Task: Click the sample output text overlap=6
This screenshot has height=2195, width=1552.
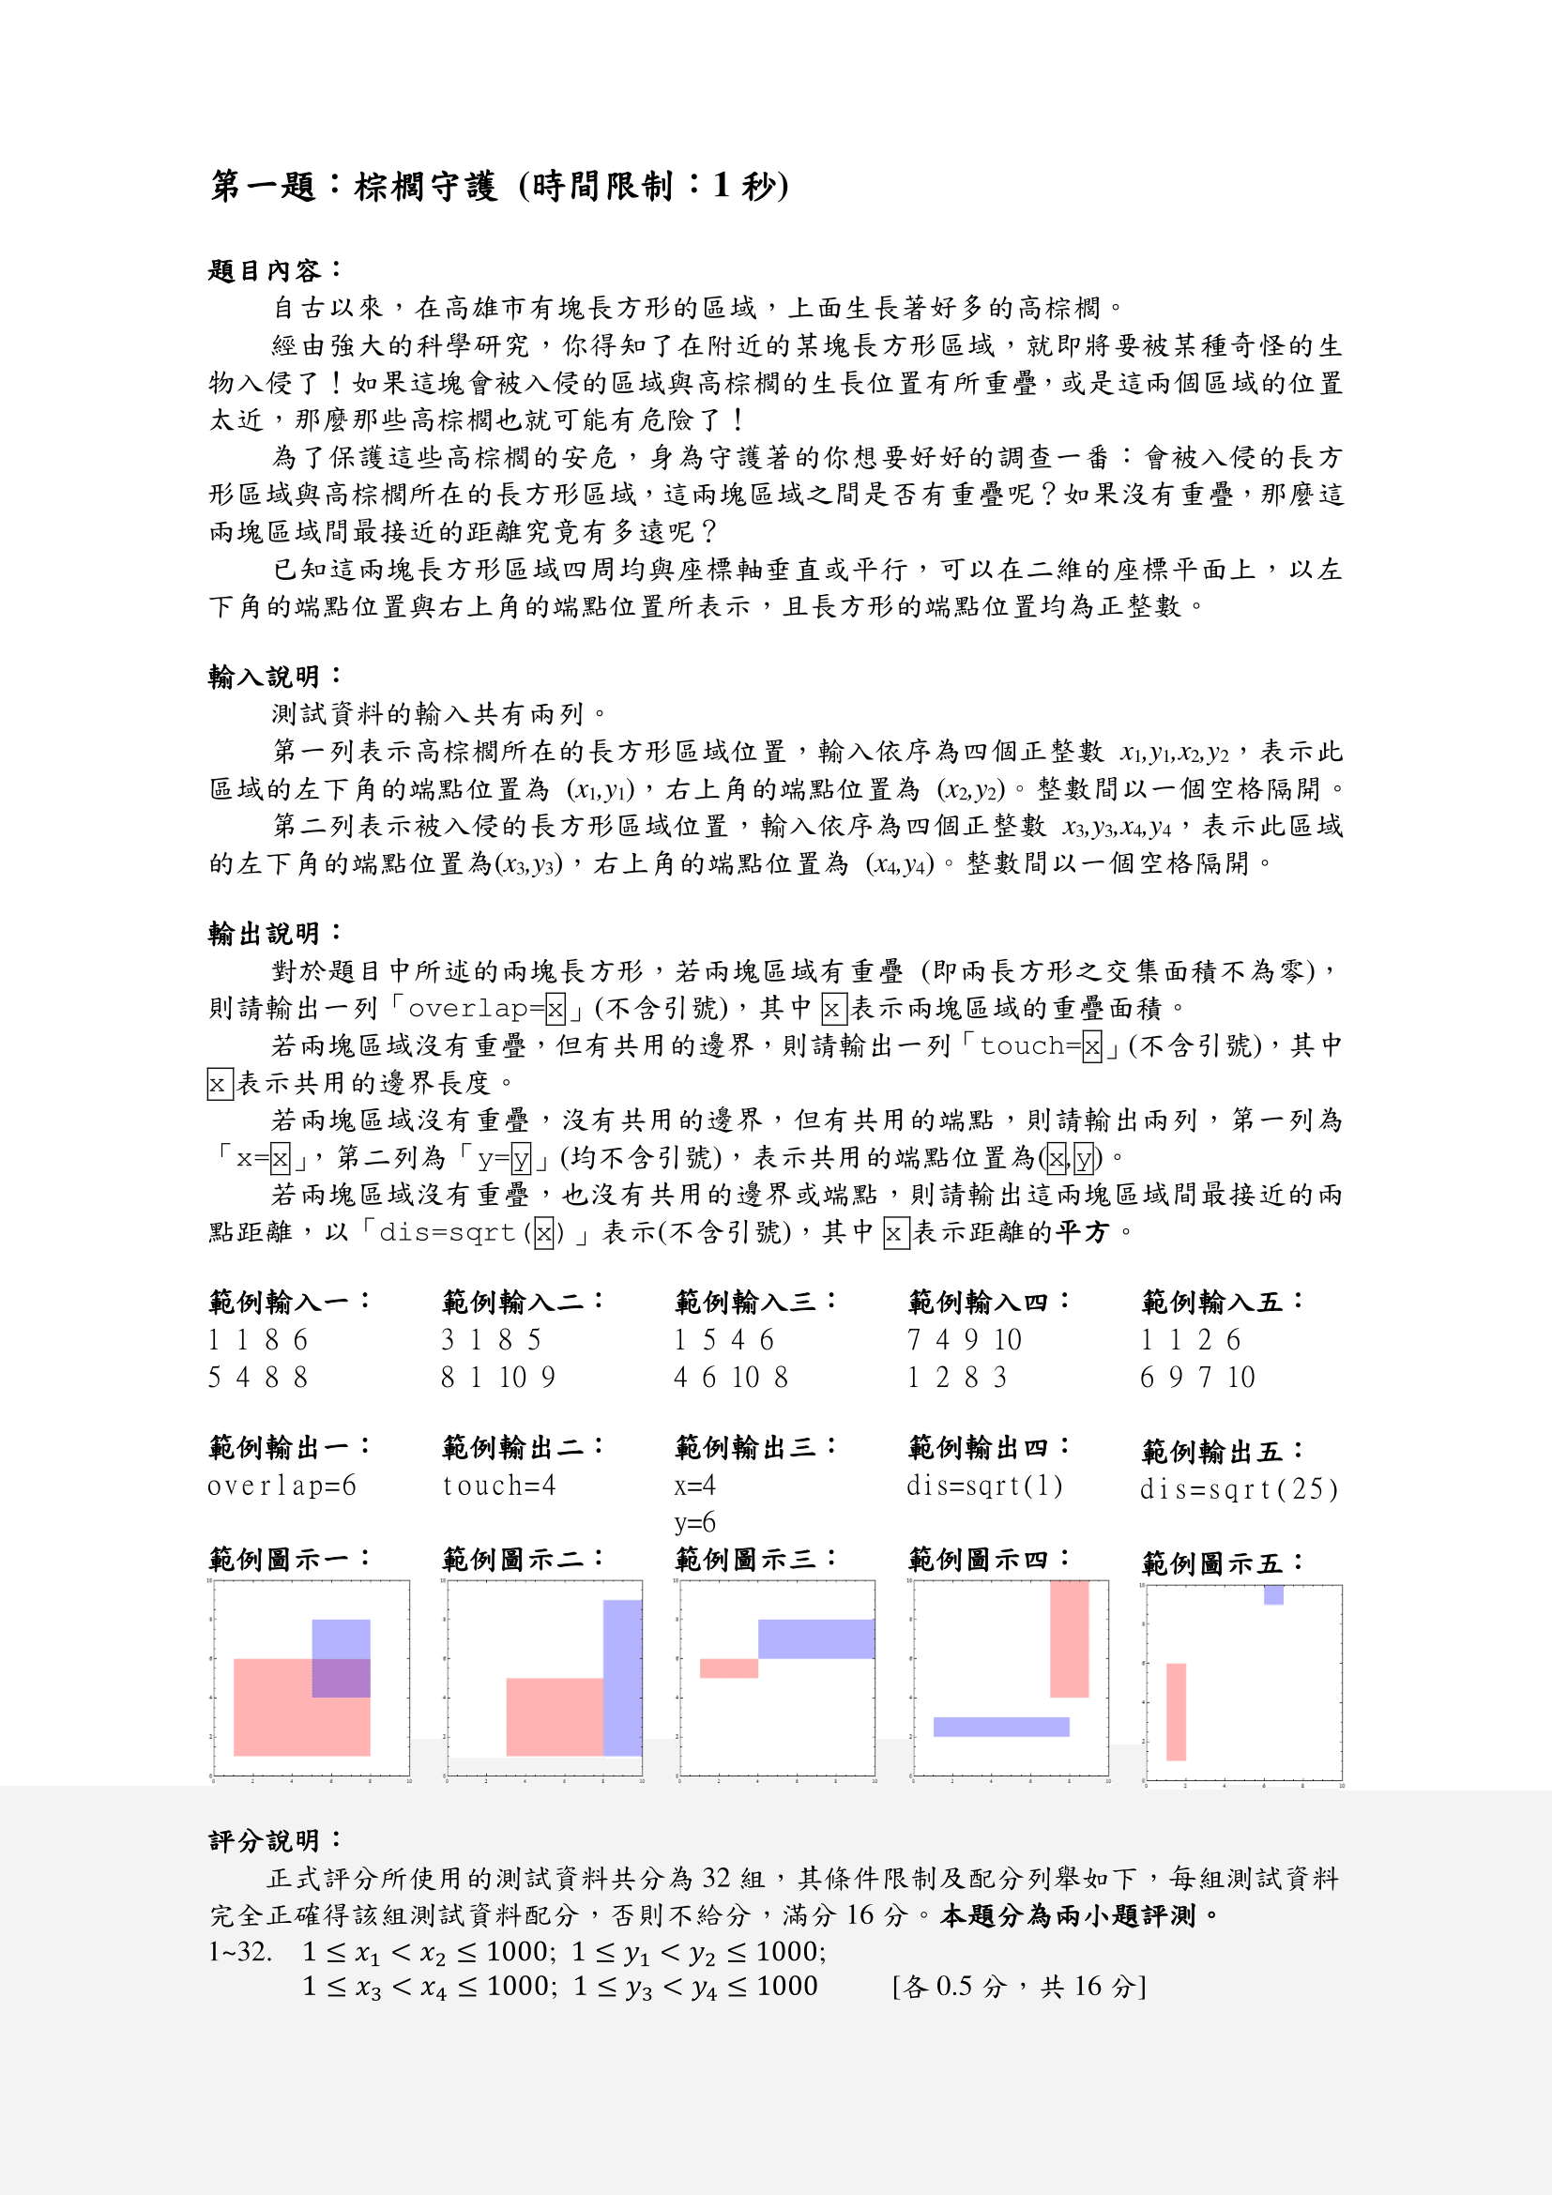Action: pos(281,1486)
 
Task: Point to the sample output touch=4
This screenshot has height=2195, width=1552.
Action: pos(499,1486)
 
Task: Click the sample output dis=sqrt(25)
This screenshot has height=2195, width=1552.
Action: pos(1239,1489)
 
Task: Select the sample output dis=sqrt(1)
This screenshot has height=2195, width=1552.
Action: pos(984,1486)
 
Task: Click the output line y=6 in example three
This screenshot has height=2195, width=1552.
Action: pos(694,1523)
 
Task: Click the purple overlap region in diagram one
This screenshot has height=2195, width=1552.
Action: pos(342,1678)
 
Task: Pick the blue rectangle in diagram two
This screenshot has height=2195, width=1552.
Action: pos(622,1678)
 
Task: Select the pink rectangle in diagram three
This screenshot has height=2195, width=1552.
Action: pos(728,1669)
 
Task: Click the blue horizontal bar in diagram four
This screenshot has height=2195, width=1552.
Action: pos(1000,1727)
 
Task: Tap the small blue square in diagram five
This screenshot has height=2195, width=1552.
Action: pos(1273,1594)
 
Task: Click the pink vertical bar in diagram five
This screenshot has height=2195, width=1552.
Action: pos(1176,1712)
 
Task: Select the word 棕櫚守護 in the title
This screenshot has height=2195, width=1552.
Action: pos(426,186)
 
